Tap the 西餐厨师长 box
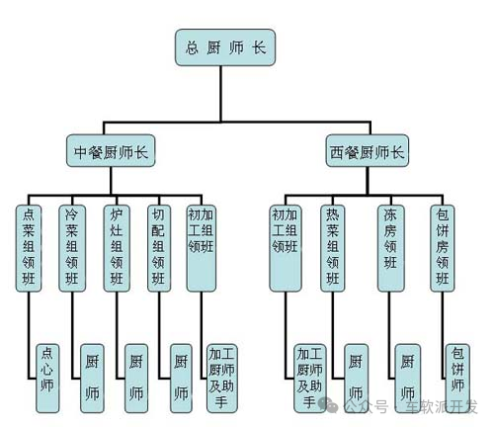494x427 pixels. pos(367,152)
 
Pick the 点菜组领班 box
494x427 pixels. pos(29,247)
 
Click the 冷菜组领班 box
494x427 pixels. pos(72,247)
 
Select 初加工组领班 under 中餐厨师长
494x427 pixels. pos(206,247)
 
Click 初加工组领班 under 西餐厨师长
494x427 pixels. pos(285,247)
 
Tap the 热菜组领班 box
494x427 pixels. pos(334,247)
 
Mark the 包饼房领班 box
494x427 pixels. pos(444,247)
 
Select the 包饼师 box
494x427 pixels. pos(455,374)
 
